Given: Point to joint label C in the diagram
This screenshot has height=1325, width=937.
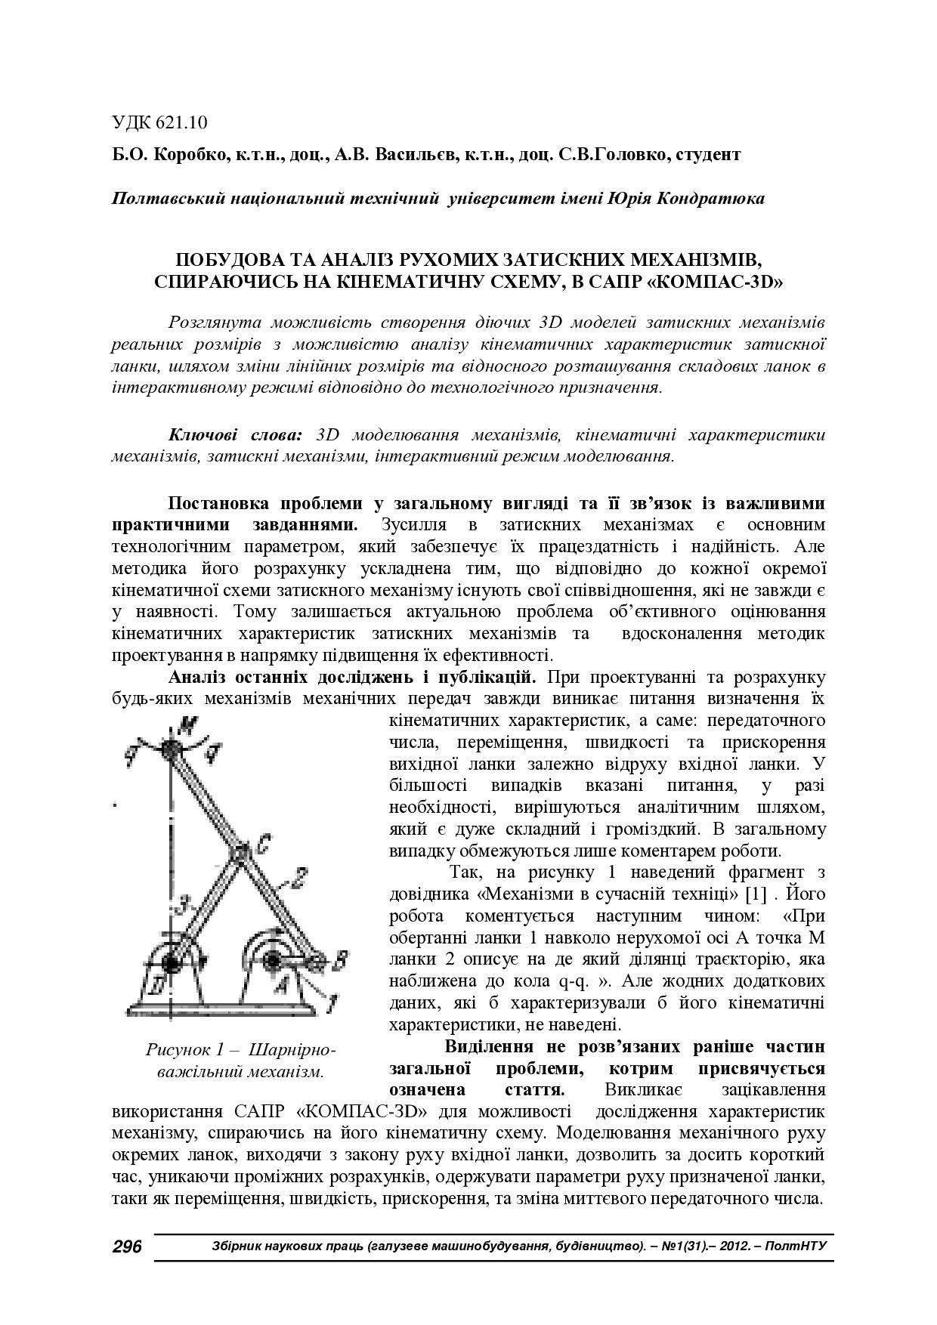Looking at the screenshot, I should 258,845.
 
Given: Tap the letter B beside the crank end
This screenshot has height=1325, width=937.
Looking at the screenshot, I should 341,961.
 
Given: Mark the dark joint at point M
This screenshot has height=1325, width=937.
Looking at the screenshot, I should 171,749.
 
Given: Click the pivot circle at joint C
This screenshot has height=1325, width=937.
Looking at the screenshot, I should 238,854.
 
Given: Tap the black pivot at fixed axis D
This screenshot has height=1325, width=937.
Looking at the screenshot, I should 171,963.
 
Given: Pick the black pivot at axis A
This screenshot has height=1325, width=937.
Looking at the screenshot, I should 270,961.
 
